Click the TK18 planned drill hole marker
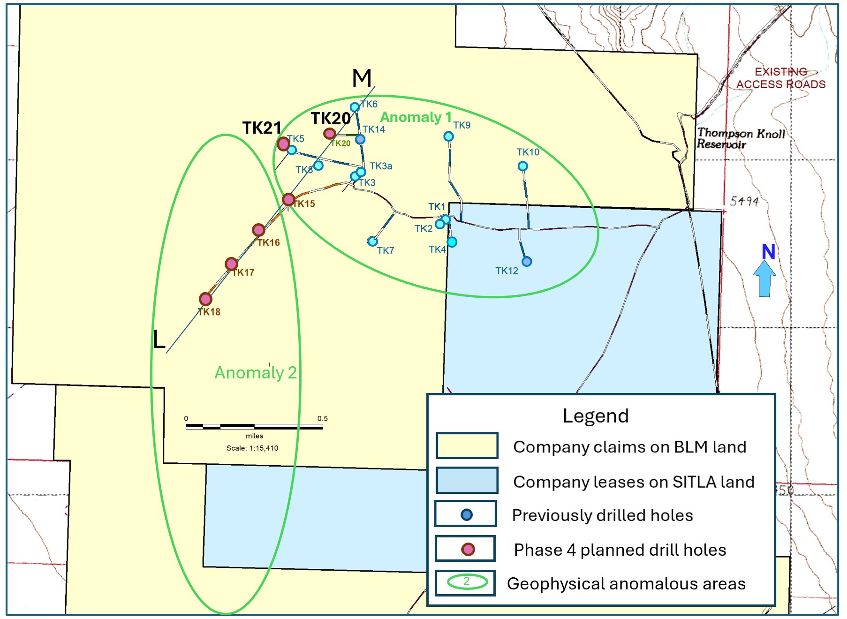[x=205, y=299]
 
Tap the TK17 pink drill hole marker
[x=231, y=264]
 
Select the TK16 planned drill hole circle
[x=258, y=230]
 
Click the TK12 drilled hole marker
[x=527, y=262]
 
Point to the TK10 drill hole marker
[x=523, y=166]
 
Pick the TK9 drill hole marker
[x=448, y=136]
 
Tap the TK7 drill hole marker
[x=372, y=242]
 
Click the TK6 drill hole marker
[x=355, y=107]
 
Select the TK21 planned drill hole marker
[x=283, y=143]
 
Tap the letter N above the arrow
[x=768, y=252]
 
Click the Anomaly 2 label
[x=256, y=373]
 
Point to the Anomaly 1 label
[x=416, y=117]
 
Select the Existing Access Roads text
[x=781, y=78]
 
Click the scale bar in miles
[x=254, y=427]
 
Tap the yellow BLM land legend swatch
[x=467, y=445]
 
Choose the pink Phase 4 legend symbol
[x=468, y=549]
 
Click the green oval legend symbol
[x=467, y=582]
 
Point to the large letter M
[x=362, y=78]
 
